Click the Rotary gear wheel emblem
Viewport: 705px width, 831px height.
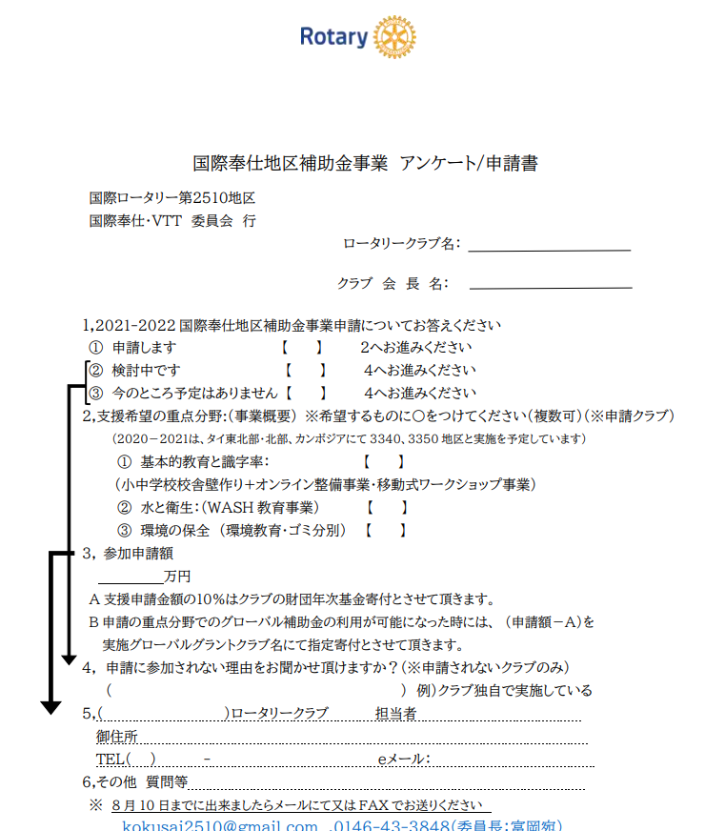[x=395, y=37]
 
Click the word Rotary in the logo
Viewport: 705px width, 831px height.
[x=333, y=37]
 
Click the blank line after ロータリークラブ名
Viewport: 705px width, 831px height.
[x=550, y=249]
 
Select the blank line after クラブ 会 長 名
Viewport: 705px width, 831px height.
[x=551, y=285]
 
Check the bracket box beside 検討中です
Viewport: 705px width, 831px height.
[x=306, y=370]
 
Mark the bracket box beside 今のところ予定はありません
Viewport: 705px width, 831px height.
[x=306, y=392]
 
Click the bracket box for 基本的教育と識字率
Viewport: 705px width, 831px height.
[x=384, y=461]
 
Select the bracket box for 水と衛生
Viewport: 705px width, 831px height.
[x=387, y=507]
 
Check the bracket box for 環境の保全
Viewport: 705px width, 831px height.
[x=387, y=530]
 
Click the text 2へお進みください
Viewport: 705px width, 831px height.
[x=415, y=348]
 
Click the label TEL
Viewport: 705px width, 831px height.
[x=111, y=760]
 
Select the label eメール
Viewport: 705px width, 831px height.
[x=404, y=760]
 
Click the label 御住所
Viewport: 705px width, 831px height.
[x=117, y=737]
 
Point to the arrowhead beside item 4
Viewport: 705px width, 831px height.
[x=68, y=659]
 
